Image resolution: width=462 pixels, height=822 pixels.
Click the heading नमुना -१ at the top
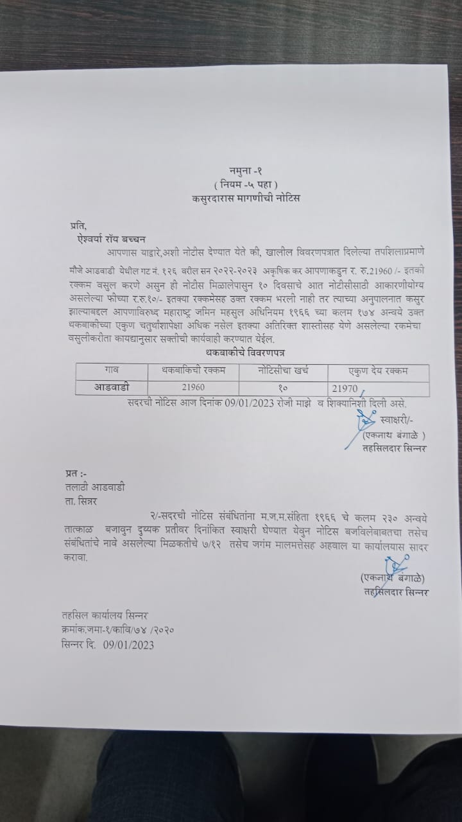(x=246, y=170)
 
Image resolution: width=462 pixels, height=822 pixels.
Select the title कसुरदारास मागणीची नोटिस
(x=246, y=198)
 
